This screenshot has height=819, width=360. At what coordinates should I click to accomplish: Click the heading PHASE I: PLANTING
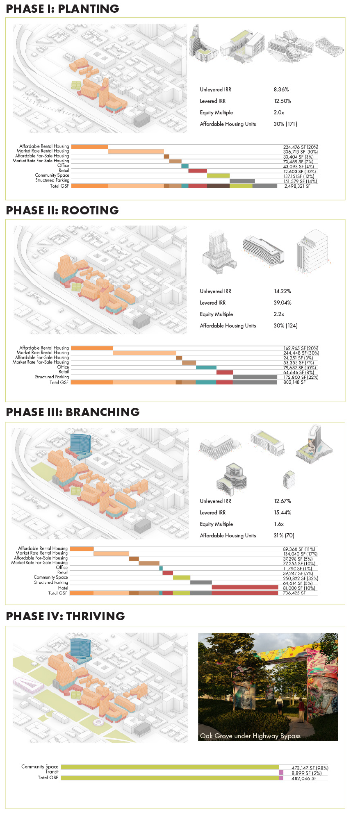pyautogui.click(x=62, y=9)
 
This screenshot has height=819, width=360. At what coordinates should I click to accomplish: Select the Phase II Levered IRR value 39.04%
pyautogui.click(x=283, y=303)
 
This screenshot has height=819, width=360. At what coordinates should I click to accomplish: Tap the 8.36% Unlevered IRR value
pyautogui.click(x=281, y=89)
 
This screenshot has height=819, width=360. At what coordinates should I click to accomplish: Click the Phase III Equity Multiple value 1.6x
pyautogui.click(x=279, y=524)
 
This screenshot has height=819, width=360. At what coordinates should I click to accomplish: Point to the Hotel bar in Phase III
pyautogui.click(x=245, y=587)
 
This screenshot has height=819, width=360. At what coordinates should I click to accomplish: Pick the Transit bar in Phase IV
pyautogui.click(x=281, y=772)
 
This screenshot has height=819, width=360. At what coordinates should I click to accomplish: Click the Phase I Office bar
pyautogui.click(x=185, y=166)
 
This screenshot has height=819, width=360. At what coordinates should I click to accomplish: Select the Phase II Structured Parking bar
pyautogui.click(x=255, y=377)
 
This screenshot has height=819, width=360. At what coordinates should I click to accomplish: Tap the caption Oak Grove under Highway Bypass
pyautogui.click(x=250, y=736)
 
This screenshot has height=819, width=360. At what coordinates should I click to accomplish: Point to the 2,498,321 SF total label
pyautogui.click(x=297, y=186)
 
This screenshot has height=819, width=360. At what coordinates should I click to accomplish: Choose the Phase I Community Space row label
pyautogui.click(x=52, y=175)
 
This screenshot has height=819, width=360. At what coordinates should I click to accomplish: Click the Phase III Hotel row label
pyautogui.click(x=63, y=588)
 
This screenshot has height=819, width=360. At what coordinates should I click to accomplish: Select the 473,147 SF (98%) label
pyautogui.click(x=310, y=768)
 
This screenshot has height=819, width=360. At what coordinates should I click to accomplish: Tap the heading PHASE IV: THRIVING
pyautogui.click(x=65, y=616)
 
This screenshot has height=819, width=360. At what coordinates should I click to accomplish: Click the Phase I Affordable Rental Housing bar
pyautogui.click(x=89, y=146)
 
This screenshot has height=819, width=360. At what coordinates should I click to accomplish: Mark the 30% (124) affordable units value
pyautogui.click(x=285, y=325)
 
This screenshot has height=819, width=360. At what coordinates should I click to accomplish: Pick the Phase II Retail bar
pyautogui.click(x=224, y=372)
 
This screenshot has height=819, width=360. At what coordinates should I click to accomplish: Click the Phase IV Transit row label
pyautogui.click(x=52, y=772)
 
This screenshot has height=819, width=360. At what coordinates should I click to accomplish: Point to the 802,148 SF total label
pyautogui.click(x=294, y=382)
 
